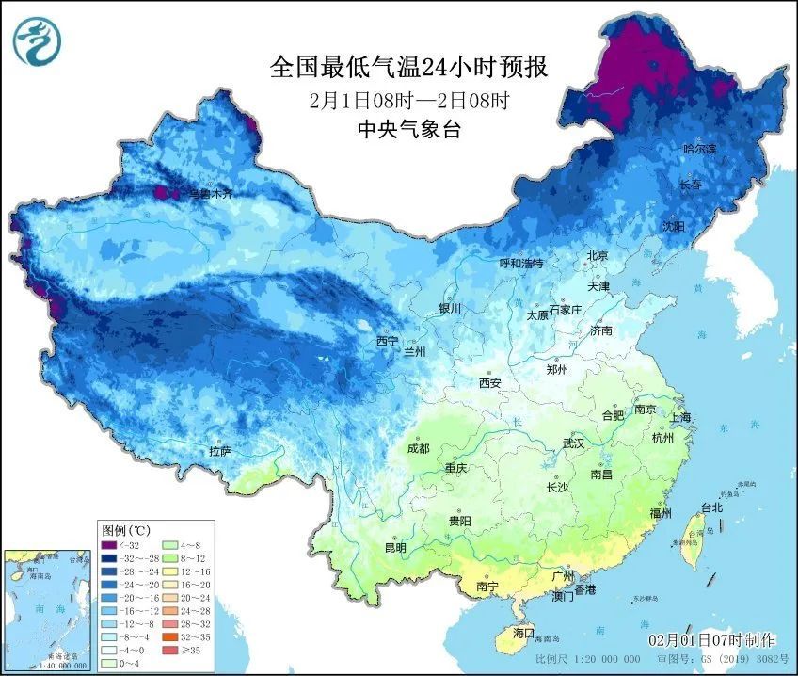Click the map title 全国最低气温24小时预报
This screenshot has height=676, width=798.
pos(407,67)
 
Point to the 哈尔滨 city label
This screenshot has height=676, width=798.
pos(699,149)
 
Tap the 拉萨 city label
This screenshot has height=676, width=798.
pos(219,452)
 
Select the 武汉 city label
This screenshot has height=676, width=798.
pos(573,443)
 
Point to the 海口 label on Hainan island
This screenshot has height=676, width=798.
pos(522,633)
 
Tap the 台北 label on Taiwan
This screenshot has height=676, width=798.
pos(711,507)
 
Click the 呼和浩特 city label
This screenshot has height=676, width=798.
pos(520,264)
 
